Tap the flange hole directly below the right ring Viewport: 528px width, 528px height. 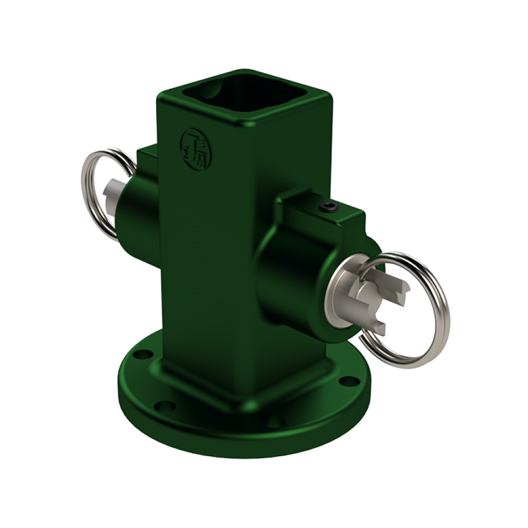(346, 381)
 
